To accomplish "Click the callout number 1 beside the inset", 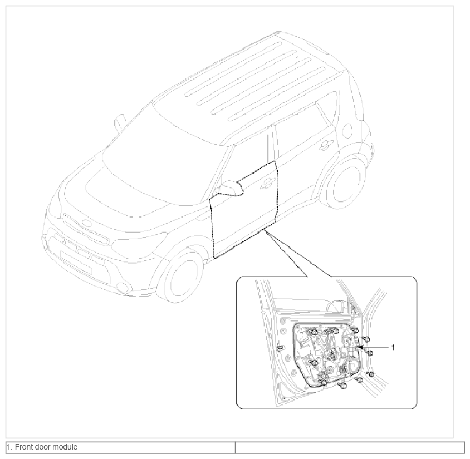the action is click(393, 347).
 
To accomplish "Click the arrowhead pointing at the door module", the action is click(360, 347).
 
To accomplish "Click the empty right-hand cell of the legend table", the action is click(350, 447).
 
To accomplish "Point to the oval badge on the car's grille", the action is click(87, 224).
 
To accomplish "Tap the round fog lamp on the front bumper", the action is click(124, 288).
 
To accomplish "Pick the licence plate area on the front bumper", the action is click(76, 262).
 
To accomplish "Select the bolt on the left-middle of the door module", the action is click(314, 363).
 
